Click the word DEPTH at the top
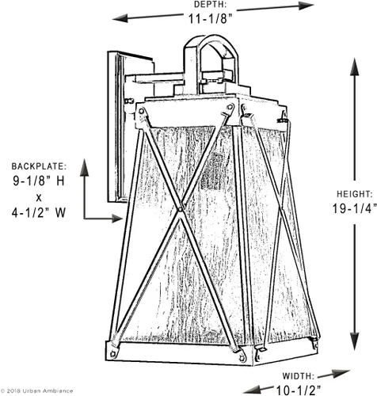[x=210, y=5]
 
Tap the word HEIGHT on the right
[x=355, y=194]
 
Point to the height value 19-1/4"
[x=354, y=208]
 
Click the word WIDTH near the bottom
[x=298, y=376]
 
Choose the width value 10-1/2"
[x=299, y=390]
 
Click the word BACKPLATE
[x=39, y=166]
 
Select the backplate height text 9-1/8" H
[x=39, y=181]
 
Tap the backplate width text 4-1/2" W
[x=39, y=212]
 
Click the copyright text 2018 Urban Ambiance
[x=39, y=390]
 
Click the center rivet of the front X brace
[x=180, y=209]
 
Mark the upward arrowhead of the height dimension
[x=354, y=67]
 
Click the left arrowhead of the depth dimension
[x=120, y=19]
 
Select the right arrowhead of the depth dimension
[x=307, y=6]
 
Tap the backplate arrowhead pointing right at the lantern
[x=117, y=219]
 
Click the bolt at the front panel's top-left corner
[x=141, y=111]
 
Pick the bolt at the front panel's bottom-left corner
[x=114, y=353]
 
